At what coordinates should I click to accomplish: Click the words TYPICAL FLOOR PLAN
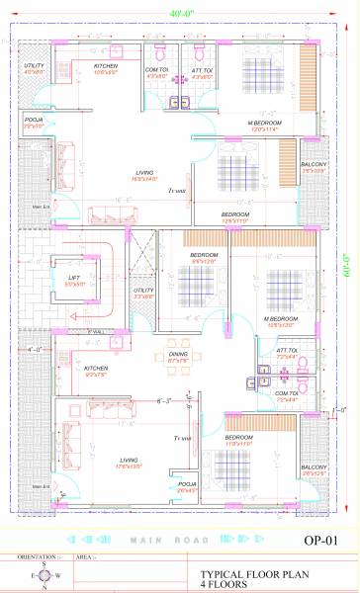[248, 572]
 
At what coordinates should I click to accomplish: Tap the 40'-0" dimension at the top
[180, 14]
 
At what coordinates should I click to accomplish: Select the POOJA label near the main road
[187, 484]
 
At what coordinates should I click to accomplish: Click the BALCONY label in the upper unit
[314, 165]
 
